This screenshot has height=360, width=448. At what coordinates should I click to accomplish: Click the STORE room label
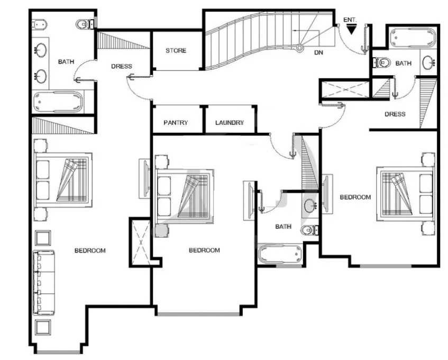[x=176, y=51]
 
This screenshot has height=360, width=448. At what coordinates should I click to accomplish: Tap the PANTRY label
[x=176, y=123]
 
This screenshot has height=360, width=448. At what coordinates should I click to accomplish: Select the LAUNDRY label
[x=230, y=123]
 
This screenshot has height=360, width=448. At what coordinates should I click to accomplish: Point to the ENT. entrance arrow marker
[x=351, y=30]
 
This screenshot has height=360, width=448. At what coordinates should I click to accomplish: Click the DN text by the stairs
[x=318, y=52]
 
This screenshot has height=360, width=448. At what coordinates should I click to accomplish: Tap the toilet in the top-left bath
[x=85, y=24]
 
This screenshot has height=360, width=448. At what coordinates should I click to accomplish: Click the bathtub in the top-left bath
[x=58, y=102]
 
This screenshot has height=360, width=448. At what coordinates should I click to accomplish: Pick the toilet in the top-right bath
[x=382, y=62]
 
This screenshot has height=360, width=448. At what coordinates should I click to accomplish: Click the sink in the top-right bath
[x=428, y=62]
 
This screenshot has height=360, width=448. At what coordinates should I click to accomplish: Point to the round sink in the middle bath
[x=310, y=205]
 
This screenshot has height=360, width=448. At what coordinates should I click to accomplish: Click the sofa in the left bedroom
[x=44, y=283]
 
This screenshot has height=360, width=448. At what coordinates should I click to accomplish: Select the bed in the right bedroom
[x=405, y=194]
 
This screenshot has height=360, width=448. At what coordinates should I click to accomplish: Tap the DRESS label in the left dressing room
[x=122, y=66]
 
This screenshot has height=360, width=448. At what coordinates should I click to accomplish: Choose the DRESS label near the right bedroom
[x=395, y=114]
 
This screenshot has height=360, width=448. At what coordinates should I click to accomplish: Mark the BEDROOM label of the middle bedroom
[x=204, y=250]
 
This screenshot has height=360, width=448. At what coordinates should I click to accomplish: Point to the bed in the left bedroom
[x=63, y=180]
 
